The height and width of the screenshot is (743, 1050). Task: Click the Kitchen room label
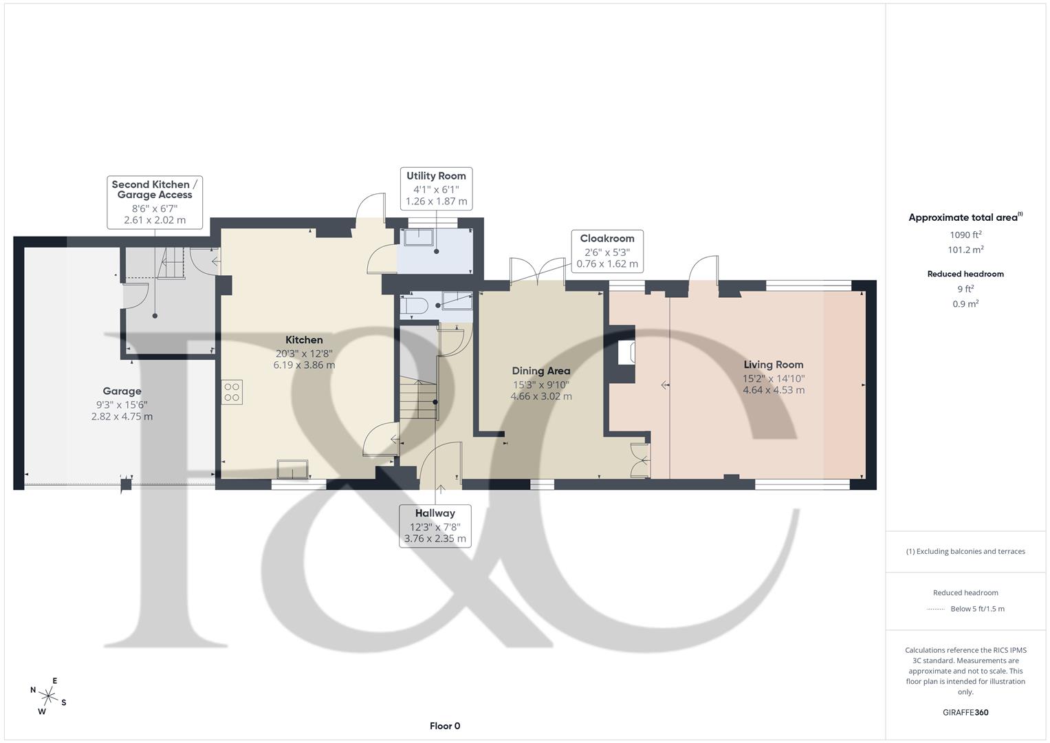(304, 340)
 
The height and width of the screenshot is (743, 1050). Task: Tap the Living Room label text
(773, 365)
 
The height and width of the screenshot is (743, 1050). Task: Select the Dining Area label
(541, 371)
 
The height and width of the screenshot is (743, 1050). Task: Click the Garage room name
(122, 391)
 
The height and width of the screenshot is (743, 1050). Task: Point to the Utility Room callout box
(436, 189)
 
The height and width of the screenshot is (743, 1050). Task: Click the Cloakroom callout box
(607, 251)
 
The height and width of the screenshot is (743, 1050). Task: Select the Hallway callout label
(435, 526)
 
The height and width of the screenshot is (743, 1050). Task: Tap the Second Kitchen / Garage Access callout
(155, 202)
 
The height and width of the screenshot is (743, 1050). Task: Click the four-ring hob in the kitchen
(232, 392)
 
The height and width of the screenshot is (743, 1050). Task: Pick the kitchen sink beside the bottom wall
(292, 469)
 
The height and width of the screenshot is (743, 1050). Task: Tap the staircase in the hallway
(418, 400)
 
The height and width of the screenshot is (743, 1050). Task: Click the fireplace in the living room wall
(626, 352)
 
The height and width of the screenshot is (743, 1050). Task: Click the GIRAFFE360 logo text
(965, 712)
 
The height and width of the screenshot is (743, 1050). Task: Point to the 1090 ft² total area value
(965, 235)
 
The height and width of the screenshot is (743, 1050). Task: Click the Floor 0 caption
(445, 726)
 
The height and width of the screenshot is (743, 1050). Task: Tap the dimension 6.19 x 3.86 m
(304, 365)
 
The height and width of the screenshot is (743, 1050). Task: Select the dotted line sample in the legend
(936, 609)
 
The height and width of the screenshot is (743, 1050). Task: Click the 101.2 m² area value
(965, 250)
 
